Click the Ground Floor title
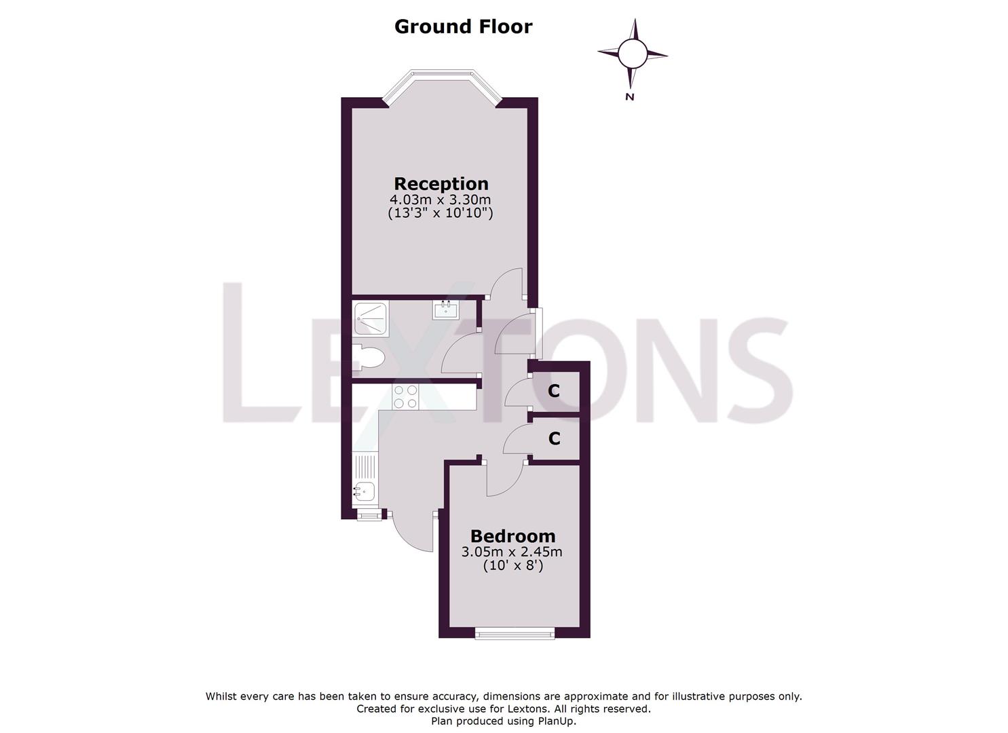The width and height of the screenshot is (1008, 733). (463, 26)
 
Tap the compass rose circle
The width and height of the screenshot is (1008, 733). (633, 54)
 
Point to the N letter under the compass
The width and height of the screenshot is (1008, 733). (629, 97)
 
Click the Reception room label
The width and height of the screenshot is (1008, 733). (441, 184)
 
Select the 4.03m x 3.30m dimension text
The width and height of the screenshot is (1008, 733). (440, 200)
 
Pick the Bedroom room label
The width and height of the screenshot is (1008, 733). (512, 536)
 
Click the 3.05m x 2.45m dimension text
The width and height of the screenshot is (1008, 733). (512, 552)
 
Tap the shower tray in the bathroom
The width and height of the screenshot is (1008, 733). (371, 318)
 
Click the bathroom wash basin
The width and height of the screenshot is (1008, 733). (445, 310)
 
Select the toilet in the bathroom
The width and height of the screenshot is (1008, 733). (369, 358)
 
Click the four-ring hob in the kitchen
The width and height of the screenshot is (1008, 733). (406, 396)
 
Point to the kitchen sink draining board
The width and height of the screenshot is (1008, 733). (365, 466)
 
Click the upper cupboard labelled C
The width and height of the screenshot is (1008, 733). (554, 391)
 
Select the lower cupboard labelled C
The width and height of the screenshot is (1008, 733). (554, 439)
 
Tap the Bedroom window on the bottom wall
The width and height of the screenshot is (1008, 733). (515, 635)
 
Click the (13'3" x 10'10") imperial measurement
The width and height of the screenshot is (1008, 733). (440, 213)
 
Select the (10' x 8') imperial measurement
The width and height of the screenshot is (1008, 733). (512, 565)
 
